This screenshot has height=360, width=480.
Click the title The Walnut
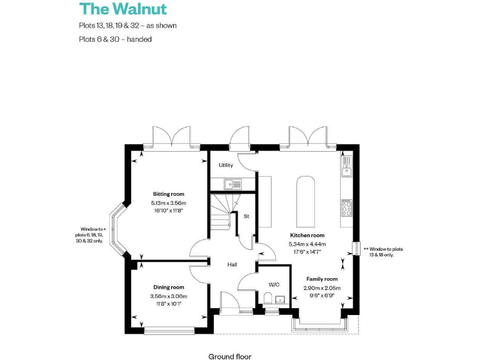tap(122, 9)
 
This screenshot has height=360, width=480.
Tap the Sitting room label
tap(169, 194)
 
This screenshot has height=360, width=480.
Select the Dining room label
tap(169, 287)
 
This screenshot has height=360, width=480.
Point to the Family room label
tap(322, 279)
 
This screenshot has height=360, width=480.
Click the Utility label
tap(226, 166)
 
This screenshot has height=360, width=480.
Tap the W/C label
tap(274, 284)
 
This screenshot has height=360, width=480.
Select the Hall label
tap(232, 265)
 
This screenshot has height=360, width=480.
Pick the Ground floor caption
tap(229, 356)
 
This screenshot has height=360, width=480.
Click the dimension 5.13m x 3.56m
tap(169, 203)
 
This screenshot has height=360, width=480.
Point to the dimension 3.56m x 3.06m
tap(169, 296)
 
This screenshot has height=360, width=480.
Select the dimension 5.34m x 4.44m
tap(304, 244)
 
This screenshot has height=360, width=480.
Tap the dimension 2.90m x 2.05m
tap(322, 287)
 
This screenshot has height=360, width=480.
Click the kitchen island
tap(305, 201)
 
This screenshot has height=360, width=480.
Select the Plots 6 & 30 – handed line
tap(116, 39)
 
